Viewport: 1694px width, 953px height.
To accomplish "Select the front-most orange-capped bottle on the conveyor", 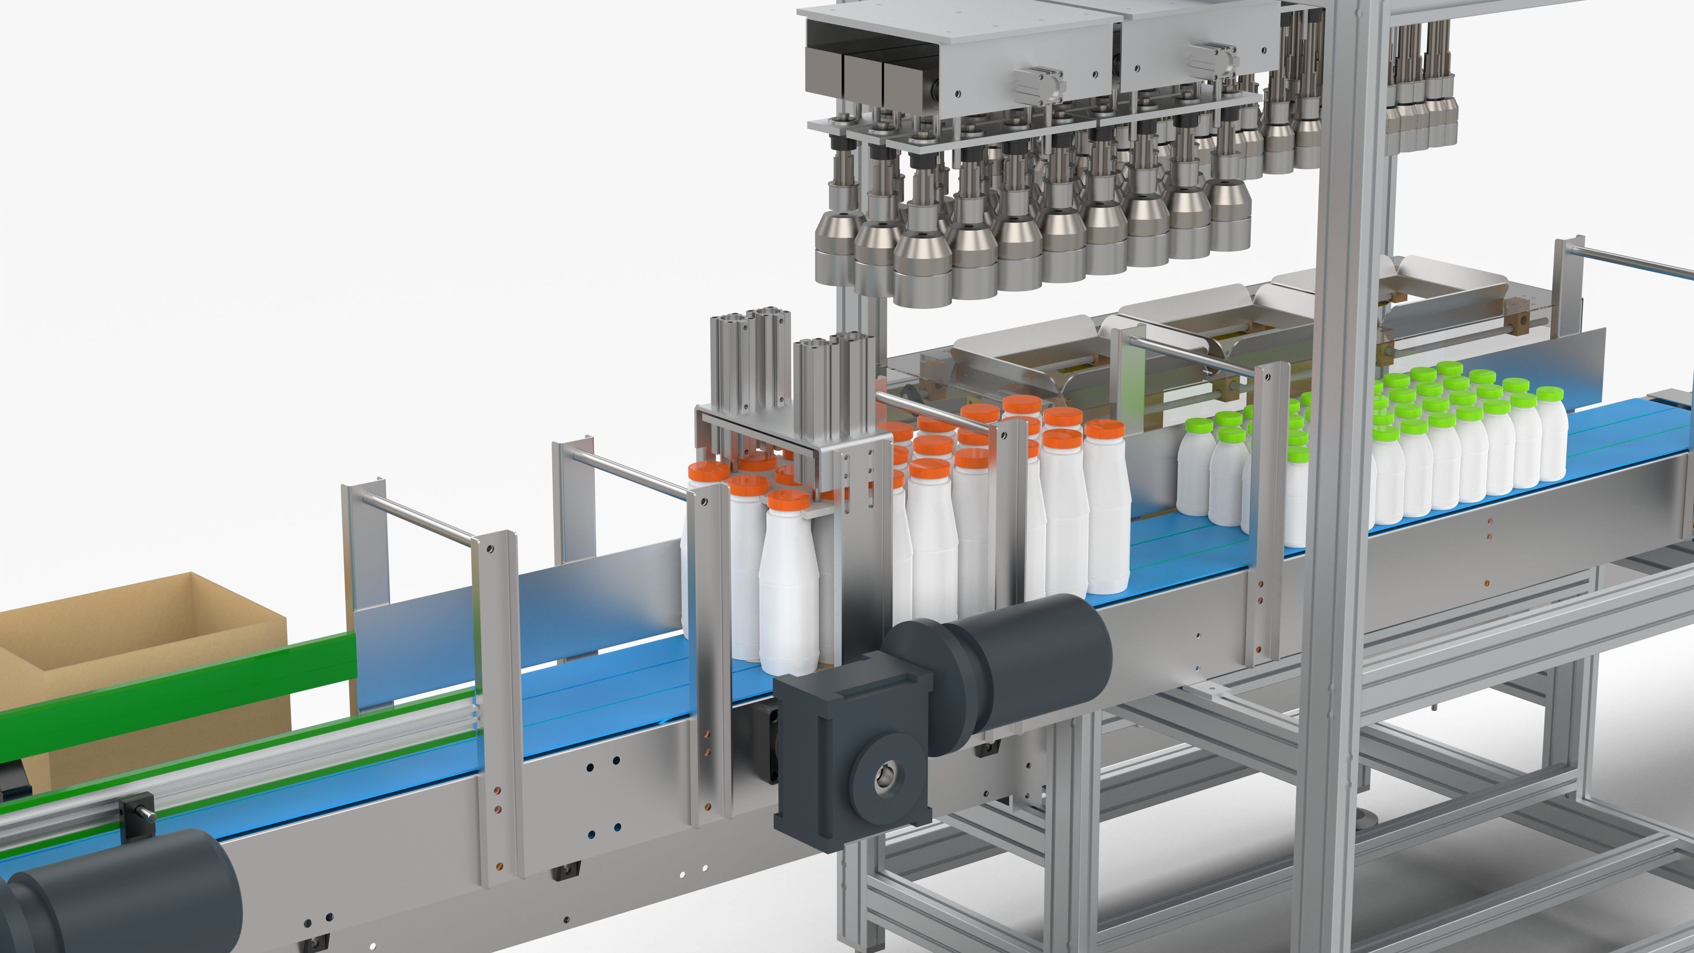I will [x=789, y=592].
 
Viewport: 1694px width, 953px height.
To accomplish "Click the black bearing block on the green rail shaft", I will [x=138, y=815].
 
